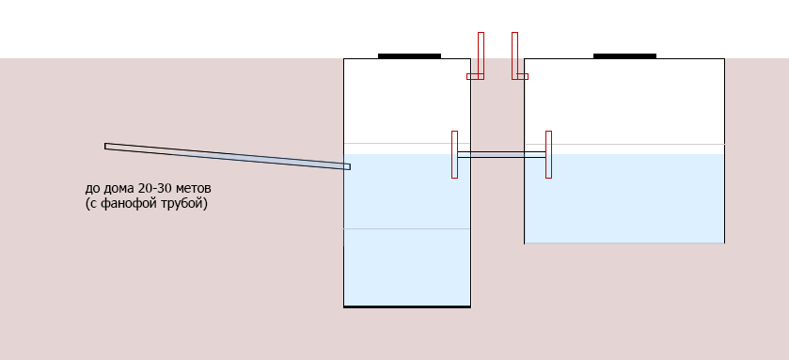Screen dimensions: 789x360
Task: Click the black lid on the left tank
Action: point(409,55)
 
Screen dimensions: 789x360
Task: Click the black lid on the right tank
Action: point(624,55)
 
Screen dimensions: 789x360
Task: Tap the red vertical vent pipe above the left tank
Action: point(481,55)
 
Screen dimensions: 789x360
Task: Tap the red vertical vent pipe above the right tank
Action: point(514,55)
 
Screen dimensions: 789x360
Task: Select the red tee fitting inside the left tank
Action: point(454,154)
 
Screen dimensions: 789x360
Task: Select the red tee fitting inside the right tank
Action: point(548,154)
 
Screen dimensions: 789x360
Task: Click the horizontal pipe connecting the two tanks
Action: point(501,154)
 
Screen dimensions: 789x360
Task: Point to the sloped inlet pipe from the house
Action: point(228,156)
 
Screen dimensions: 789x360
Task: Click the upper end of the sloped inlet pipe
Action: point(105,147)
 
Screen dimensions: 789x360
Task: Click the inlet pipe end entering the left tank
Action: point(348,166)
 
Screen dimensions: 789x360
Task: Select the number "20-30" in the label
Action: point(154,189)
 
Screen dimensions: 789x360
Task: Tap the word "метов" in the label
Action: point(193,189)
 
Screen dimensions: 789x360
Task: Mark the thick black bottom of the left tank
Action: point(407,306)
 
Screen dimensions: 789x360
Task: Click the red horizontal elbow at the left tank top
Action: point(475,76)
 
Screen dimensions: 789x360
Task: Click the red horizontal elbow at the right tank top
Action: point(520,76)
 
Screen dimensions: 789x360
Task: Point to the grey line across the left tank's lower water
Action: point(407,228)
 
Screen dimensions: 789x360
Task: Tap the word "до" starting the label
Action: point(92,189)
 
